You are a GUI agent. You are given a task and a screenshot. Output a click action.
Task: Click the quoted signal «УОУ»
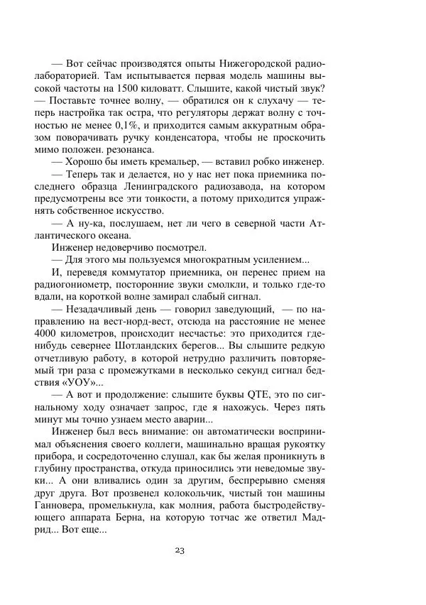point(83,383)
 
